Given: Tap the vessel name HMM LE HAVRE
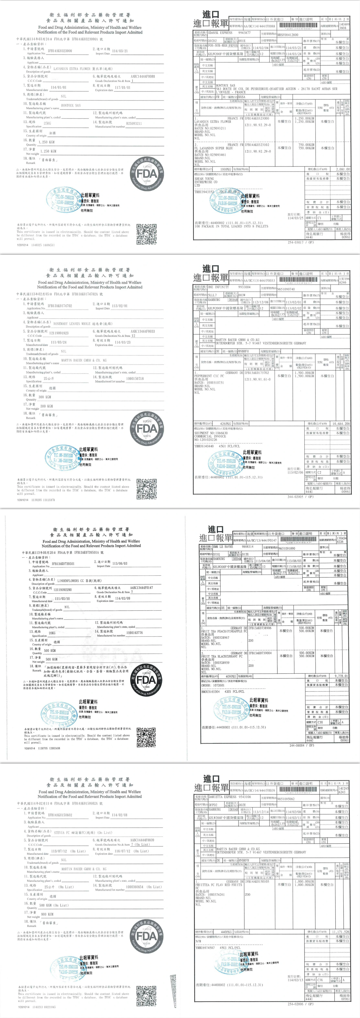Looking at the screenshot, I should click(223, 546).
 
